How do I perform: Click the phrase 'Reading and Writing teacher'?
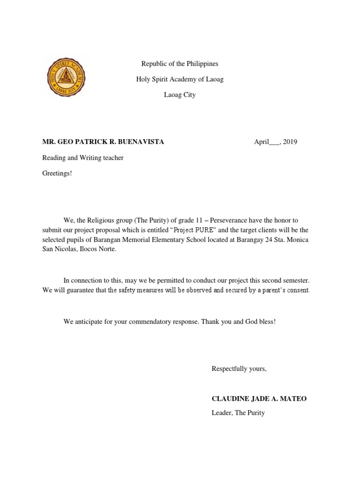[83, 158]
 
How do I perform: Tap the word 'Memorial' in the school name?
[127, 240]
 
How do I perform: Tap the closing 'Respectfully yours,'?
[239, 369]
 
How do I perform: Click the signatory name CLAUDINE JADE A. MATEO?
[259, 399]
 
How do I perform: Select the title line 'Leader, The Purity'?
[238, 413]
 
